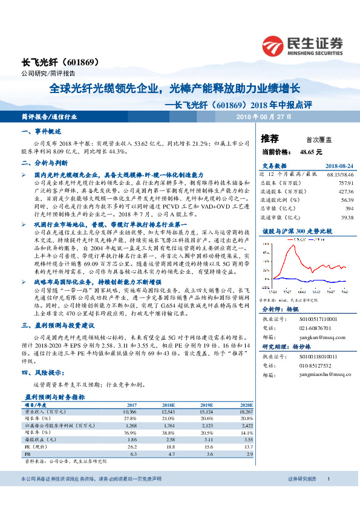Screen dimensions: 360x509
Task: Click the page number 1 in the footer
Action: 327,479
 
